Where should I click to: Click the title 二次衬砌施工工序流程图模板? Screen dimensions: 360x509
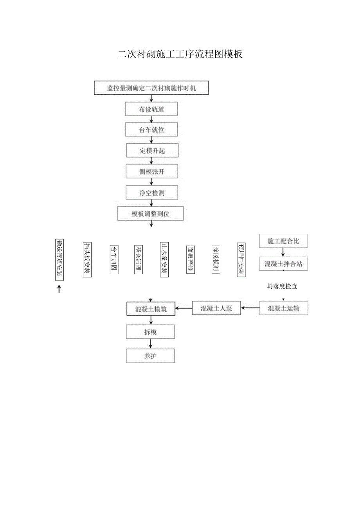(180, 54)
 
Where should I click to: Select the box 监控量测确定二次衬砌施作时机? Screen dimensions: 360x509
(151, 88)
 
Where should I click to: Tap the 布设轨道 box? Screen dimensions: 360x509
(151, 110)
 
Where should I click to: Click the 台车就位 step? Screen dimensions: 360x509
(151, 130)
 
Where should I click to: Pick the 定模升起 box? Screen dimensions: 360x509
(152, 151)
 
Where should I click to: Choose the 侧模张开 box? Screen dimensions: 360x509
(152, 171)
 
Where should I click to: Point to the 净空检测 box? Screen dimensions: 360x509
(152, 192)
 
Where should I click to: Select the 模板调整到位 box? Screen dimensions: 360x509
(151, 214)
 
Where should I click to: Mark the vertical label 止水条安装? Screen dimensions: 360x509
(164, 260)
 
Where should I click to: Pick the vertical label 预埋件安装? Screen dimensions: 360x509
(241, 260)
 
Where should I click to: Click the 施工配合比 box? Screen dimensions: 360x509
(283, 241)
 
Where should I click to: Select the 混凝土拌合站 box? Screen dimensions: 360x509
(283, 264)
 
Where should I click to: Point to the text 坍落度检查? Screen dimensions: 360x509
(282, 286)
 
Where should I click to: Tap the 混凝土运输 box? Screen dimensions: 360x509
(284, 308)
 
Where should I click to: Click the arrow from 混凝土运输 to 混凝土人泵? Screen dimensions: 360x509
(250, 308)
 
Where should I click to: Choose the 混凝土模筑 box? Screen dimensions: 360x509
(151, 309)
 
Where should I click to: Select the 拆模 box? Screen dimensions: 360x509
(150, 332)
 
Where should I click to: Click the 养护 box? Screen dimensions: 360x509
(150, 356)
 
